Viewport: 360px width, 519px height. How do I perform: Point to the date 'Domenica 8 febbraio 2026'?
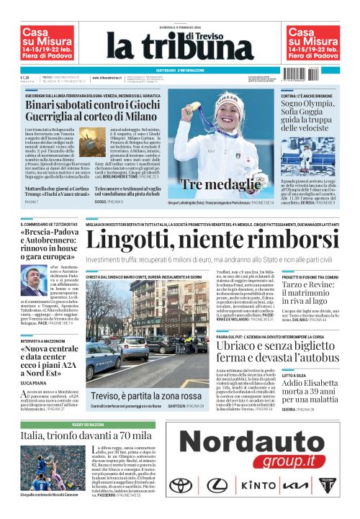[x=179, y=26]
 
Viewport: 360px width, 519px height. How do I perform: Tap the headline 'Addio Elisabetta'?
[x=311, y=384]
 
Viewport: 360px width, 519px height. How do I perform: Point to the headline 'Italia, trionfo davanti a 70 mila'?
[x=86, y=436]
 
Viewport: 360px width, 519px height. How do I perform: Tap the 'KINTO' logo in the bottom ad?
[x=253, y=485]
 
